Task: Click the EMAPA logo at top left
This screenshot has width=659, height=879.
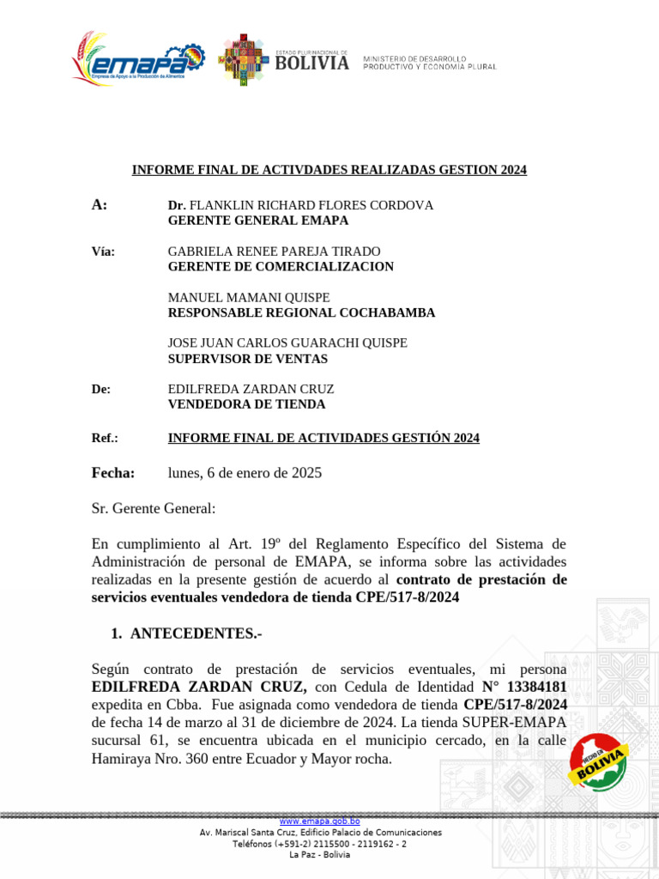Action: [138, 59]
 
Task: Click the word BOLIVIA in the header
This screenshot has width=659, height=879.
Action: [312, 63]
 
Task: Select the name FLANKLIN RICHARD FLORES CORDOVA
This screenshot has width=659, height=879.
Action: [311, 206]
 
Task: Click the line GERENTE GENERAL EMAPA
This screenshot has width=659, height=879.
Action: [257, 221]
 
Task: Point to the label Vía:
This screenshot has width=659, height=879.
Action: [103, 252]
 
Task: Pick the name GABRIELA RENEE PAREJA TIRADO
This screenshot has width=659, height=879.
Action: [274, 252]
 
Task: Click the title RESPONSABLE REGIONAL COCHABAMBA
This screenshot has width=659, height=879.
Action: [301, 312]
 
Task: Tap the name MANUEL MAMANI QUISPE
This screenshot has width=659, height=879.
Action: [249, 298]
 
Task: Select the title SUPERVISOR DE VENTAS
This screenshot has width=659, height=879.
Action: [247, 359]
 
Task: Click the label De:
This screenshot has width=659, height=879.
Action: [101, 390]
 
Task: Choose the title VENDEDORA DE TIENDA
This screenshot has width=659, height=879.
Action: [246, 404]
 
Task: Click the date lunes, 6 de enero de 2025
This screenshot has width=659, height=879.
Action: [245, 473]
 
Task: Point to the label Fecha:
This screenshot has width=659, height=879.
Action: [113, 473]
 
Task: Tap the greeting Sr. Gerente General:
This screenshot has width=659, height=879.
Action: [154, 508]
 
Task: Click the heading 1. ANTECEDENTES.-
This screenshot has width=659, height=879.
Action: [186, 633]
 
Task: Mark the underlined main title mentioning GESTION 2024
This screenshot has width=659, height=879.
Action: [329, 170]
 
